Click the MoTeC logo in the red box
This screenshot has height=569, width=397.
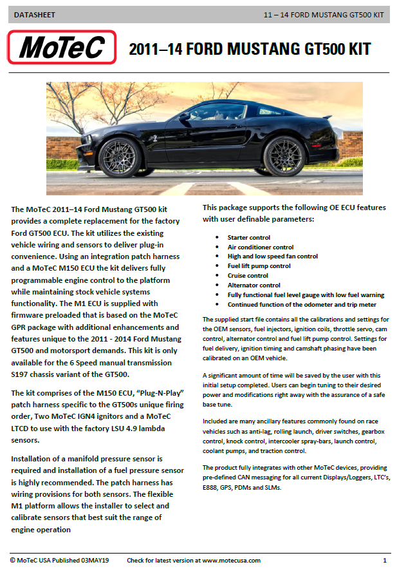point(62,48)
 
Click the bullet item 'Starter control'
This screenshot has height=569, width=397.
point(248,238)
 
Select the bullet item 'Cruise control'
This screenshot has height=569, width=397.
point(248,275)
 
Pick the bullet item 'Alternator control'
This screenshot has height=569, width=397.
point(254,285)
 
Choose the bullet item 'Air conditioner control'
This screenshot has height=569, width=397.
point(260,247)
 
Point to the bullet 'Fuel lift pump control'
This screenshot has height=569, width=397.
point(259,265)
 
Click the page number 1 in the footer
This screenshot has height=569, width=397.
point(384,561)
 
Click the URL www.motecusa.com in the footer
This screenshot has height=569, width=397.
point(231,561)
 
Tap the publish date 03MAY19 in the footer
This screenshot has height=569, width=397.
point(95,561)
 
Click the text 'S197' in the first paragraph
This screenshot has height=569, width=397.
point(23,374)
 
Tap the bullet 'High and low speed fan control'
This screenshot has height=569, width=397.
point(272,256)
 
